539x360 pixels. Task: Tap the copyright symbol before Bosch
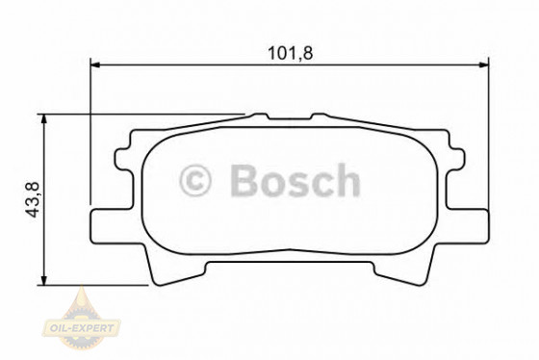tap(196, 181)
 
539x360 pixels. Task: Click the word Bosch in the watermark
tap(294, 181)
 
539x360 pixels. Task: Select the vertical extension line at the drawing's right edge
tap(486, 135)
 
